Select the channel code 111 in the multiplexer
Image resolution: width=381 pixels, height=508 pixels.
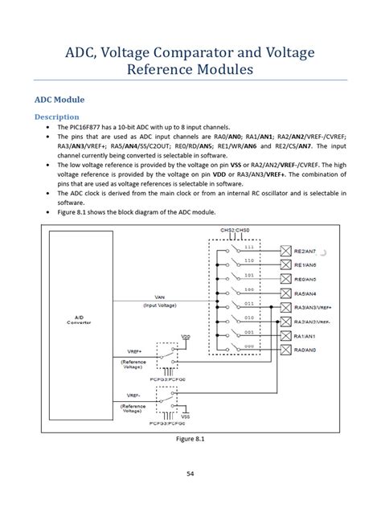pos(248,247)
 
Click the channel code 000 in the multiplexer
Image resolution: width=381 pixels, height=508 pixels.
pos(248,346)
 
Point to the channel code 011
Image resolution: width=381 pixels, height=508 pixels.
pos(248,303)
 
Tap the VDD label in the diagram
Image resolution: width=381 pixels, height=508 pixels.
pos(186,337)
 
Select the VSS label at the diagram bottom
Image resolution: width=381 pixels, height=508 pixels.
pos(186,418)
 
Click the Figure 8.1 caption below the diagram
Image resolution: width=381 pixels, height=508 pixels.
pos(190,440)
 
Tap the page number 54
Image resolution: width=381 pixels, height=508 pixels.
pos(190,474)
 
